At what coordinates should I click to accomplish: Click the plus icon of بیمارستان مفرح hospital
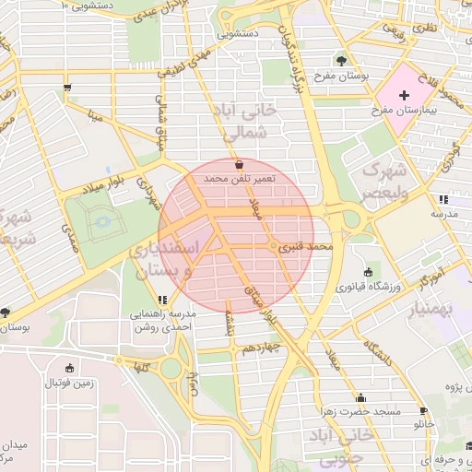(x=405, y=95)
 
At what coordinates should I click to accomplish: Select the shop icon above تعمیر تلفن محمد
(x=240, y=164)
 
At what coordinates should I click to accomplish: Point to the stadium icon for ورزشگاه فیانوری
(x=369, y=272)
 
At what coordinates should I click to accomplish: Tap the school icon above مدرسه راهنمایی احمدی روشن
(x=162, y=300)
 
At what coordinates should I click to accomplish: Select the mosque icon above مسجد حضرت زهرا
(x=360, y=398)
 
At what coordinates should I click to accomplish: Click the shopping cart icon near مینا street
(x=67, y=88)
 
